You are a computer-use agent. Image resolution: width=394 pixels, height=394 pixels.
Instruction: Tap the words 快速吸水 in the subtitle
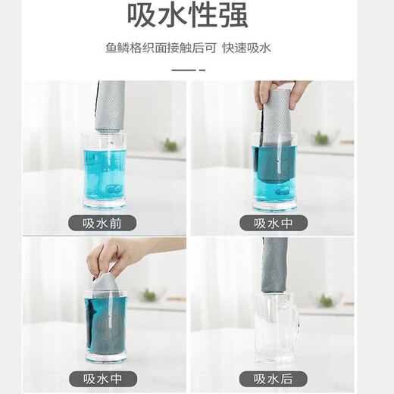pos(246,48)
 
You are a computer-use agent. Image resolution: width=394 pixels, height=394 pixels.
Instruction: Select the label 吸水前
pos(104,223)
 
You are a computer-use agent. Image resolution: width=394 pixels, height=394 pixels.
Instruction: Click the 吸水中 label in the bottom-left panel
pos(104,377)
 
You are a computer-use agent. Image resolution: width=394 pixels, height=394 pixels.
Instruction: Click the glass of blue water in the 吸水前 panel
pos(104,173)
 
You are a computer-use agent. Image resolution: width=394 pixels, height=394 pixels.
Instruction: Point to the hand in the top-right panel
pos(280,92)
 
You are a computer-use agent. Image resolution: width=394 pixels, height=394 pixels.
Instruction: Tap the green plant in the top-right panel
pos(321,138)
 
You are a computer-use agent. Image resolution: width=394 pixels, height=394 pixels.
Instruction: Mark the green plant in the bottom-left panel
pos(149,295)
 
